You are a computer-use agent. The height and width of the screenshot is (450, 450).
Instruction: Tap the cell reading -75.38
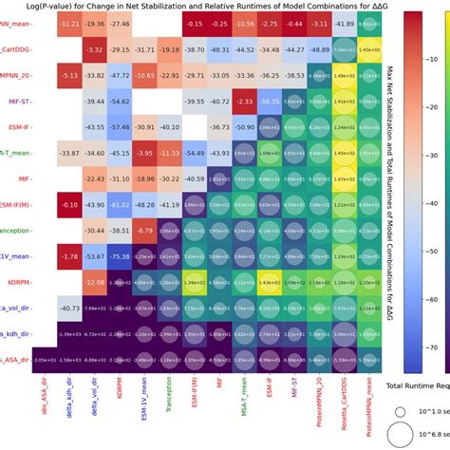pos(120,255)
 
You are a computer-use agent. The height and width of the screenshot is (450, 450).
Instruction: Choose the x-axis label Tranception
pos(169,395)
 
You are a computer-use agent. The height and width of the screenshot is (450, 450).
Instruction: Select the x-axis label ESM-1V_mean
pos(144,399)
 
